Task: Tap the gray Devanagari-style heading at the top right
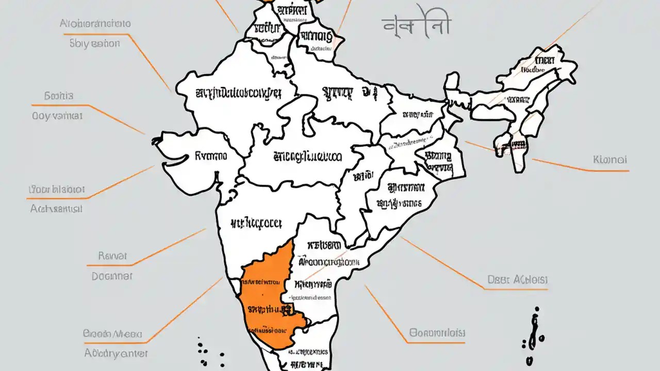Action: (417, 24)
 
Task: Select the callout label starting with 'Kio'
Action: (610, 160)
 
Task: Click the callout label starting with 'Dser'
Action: (517, 280)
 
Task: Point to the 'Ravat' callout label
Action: (112, 256)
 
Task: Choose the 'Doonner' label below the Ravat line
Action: (112, 276)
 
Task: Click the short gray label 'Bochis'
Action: (59, 96)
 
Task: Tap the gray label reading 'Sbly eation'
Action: (94, 44)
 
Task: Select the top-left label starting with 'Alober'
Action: (95, 23)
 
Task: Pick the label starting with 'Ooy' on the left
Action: (57, 116)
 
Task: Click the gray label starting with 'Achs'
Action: (56, 209)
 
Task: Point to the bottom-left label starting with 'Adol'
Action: (116, 353)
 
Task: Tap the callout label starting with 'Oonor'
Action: (437, 332)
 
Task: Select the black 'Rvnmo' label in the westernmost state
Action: (211, 154)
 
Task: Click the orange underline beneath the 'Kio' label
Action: (580, 170)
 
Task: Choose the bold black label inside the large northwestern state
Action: (238, 93)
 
